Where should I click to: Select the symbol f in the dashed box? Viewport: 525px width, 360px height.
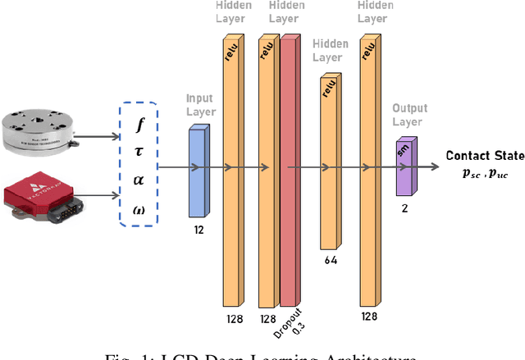pos(139,125)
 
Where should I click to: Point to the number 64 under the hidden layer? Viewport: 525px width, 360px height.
pos(329,261)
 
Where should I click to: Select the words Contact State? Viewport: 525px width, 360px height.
pos(479,156)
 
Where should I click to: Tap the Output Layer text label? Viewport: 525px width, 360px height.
pos(407,114)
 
